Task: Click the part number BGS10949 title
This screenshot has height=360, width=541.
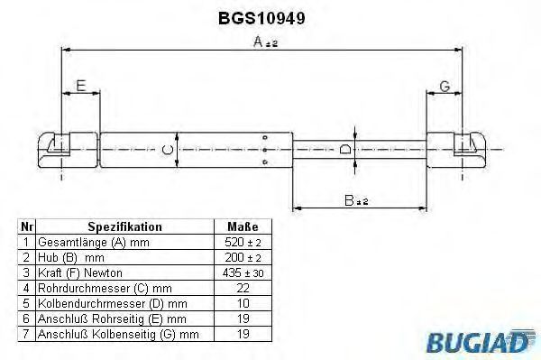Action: [261, 18]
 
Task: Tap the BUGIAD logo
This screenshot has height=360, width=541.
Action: [481, 341]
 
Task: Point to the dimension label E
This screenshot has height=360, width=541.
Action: [81, 86]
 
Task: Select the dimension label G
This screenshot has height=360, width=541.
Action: [445, 87]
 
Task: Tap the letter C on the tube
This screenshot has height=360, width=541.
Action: [168, 150]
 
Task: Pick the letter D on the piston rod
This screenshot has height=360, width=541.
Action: [345, 150]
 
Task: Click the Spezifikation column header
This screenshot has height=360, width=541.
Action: [124, 226]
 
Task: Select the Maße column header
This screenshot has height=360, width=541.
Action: [243, 226]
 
